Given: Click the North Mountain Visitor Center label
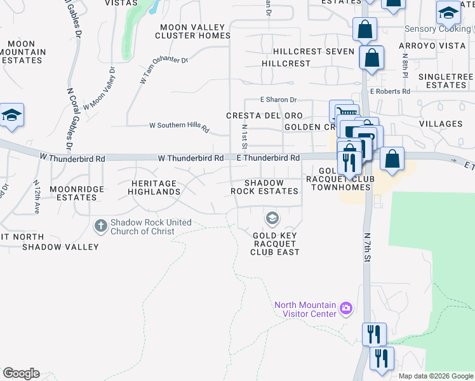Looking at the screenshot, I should coord(305,309).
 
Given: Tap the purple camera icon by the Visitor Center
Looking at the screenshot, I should coord(346,309).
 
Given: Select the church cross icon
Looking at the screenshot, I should coord(101,225).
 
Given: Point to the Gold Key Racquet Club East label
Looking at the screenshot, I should coord(275,243).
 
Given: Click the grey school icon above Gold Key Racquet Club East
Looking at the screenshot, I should coord(272,219).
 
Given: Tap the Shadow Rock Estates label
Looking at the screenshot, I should coord(264,187).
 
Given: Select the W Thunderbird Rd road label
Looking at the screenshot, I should coord(191,157).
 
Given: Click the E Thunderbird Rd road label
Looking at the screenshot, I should coord(268,157).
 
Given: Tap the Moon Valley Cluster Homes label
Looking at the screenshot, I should coord(193,31).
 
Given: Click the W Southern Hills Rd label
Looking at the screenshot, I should coord(179,126).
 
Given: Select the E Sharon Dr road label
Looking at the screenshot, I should coord(279,100).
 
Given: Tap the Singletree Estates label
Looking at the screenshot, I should coord(446,81).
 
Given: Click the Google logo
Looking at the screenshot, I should coord(21,373).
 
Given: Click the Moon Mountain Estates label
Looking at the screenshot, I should coord(23,51).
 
